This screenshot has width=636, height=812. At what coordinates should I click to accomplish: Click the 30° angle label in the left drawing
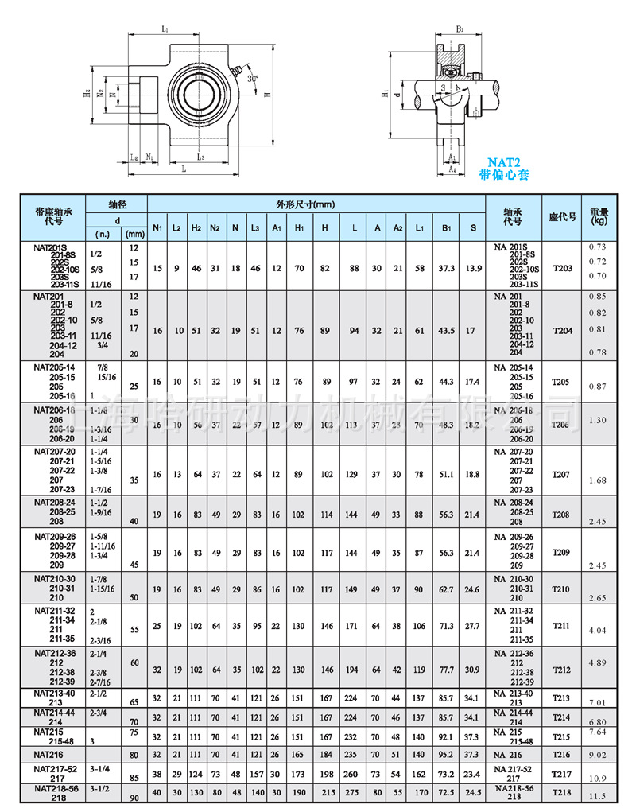[x=252, y=79]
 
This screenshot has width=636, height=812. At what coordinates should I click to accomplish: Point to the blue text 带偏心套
[x=504, y=174]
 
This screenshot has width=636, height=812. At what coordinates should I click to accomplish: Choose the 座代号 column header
[x=562, y=216]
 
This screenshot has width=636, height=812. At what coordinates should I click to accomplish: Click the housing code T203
[x=562, y=268]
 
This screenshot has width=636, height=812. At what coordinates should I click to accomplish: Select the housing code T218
[x=562, y=793]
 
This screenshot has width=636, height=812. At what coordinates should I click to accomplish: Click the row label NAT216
[x=50, y=752]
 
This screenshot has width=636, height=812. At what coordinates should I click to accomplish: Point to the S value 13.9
[x=474, y=268]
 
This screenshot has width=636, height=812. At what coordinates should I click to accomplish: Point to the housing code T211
[x=562, y=626]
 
